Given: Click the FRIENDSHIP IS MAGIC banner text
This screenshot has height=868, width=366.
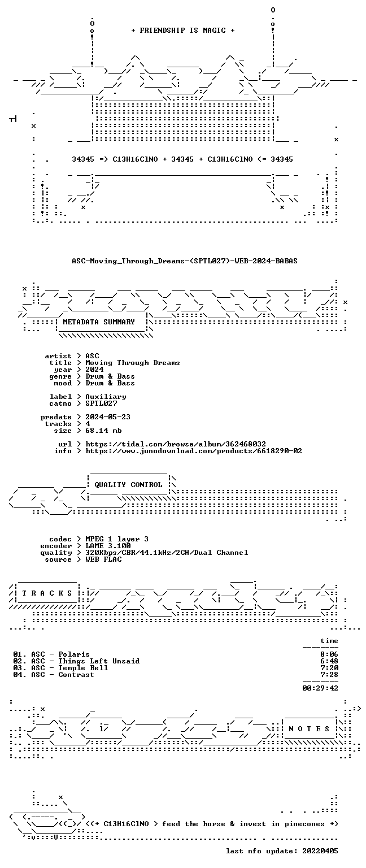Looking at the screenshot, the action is [x=183, y=30].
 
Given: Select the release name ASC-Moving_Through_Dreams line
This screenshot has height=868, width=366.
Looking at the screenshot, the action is [x=185, y=261].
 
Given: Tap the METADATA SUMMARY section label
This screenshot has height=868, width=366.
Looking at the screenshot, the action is [x=99, y=322].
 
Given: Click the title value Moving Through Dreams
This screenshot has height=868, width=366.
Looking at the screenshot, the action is [x=133, y=363].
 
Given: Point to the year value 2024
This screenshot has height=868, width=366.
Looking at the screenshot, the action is [x=94, y=370].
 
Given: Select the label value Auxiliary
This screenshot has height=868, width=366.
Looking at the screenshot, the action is [x=106, y=397].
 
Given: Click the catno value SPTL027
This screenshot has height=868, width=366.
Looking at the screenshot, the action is [x=101, y=403].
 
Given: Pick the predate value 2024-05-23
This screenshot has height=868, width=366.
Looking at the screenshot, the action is [x=108, y=417].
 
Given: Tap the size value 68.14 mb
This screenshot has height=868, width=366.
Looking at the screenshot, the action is [x=103, y=431].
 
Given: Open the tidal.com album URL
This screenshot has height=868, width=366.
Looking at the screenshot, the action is [x=176, y=444].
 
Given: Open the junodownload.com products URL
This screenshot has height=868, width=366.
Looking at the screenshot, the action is [x=194, y=451].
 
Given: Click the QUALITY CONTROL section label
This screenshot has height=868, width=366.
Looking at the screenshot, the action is [x=128, y=485].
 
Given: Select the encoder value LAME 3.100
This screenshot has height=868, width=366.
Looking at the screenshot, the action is [x=108, y=546].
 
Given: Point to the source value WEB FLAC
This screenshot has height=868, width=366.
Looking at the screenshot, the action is [x=103, y=559].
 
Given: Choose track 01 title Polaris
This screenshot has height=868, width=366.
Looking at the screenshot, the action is [x=74, y=654].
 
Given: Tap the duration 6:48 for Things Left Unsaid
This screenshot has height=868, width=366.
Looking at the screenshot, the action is [x=329, y=661].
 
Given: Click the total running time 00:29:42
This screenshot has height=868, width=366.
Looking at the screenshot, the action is [x=320, y=688].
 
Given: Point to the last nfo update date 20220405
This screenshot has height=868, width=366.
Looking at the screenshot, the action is [x=320, y=851].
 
